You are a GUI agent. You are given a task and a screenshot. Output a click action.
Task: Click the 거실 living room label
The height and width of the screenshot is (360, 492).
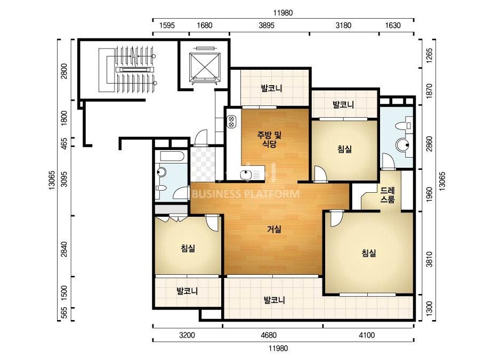pyautogui.click(x=274, y=229)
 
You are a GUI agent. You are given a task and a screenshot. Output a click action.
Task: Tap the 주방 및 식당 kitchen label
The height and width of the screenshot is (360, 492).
pyautogui.click(x=269, y=140)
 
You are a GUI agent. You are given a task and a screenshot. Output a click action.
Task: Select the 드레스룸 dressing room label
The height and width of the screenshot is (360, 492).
pyautogui.click(x=388, y=195)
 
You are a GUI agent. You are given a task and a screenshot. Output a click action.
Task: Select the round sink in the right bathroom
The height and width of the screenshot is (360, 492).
pyautogui.click(x=402, y=145)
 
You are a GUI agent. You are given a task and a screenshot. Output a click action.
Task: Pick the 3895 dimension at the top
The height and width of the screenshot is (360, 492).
pyautogui.click(x=267, y=26)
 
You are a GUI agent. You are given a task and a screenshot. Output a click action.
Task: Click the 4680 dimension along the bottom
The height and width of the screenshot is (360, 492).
pyautogui.click(x=269, y=335)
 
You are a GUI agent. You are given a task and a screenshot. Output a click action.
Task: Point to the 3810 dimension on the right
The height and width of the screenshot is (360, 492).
pyautogui.click(x=429, y=259)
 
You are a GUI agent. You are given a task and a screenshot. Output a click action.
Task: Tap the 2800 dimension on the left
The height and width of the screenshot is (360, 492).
pyautogui.click(x=64, y=71)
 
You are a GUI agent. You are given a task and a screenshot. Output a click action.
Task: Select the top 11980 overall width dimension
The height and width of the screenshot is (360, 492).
pyautogui.click(x=283, y=13)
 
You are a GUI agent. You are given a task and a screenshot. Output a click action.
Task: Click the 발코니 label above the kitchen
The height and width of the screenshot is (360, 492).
pyautogui.click(x=271, y=88)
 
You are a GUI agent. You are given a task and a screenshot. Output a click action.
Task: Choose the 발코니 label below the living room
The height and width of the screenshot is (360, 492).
pyautogui.click(x=275, y=300)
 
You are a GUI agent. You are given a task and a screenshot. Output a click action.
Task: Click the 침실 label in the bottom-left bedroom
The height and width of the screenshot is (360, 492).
pyautogui.click(x=188, y=248)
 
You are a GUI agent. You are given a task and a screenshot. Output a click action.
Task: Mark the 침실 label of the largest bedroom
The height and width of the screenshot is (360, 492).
pyautogui.click(x=369, y=253)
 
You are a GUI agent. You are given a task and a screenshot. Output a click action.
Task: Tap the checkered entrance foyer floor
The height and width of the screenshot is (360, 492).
pyautogui.click(x=203, y=163)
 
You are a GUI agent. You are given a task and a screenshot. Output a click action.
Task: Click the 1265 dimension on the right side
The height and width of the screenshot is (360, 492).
pyautogui.click(x=429, y=55)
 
